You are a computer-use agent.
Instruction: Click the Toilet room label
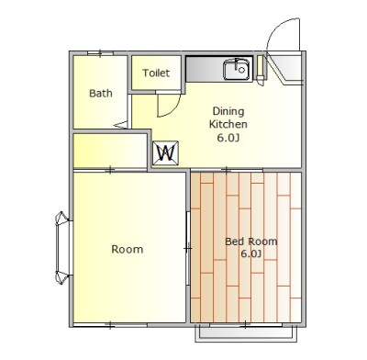156,73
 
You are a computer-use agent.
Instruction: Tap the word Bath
101,93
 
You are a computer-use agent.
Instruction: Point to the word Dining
228,112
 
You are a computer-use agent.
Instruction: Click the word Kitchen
228,124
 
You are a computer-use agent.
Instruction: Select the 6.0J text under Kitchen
228,138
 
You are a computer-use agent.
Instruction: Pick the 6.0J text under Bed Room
250,253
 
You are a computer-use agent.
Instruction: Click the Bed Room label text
251,242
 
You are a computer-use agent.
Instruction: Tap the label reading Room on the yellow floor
128,249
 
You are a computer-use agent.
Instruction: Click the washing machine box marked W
165,152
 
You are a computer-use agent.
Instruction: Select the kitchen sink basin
237,70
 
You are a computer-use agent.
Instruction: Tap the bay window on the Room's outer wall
62,248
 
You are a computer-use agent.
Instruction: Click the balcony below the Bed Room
246,333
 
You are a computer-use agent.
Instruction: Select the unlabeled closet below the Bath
110,151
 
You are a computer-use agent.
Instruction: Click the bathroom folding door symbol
122,125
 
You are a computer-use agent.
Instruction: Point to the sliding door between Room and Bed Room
188,248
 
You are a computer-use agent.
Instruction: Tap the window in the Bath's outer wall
100,53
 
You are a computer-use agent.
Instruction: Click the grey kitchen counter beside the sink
205,69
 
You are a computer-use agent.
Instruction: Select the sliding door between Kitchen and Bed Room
227,170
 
